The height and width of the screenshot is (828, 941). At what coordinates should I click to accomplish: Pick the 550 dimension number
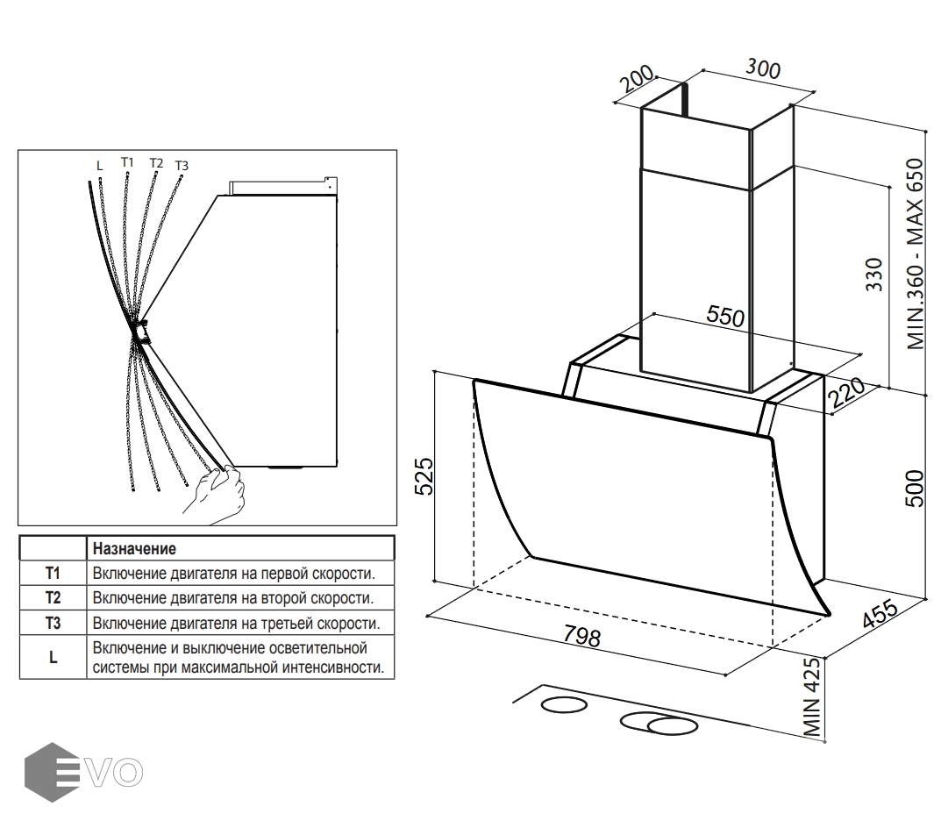tap(725, 317)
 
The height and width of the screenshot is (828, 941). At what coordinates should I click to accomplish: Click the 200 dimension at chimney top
tap(638, 81)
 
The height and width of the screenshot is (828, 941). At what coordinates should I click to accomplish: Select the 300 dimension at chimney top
tap(762, 68)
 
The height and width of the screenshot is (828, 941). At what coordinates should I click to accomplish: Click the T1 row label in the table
tap(53, 574)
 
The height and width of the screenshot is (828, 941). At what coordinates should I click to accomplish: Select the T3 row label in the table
tap(53, 624)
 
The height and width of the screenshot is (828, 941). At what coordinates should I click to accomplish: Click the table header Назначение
tap(134, 549)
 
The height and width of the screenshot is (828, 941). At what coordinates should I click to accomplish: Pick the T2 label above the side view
tap(156, 163)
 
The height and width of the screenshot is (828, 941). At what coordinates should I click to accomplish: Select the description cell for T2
tap(232, 598)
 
